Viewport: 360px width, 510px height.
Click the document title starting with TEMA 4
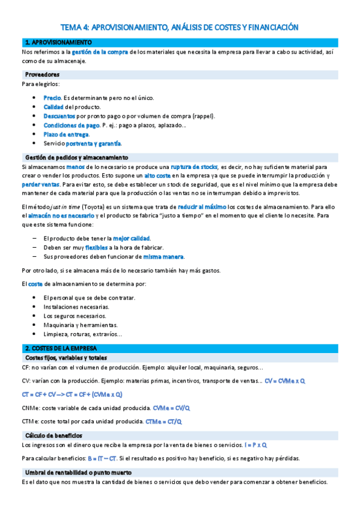pyautogui.click(x=180, y=27)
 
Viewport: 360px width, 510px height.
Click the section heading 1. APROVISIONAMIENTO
pyautogui.click(x=58, y=43)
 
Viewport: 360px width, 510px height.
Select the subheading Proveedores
pyautogui.click(x=42, y=74)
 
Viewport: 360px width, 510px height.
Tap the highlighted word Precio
pyautogui.click(x=52, y=97)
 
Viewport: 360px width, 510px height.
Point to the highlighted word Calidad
pyautogui.click(x=53, y=106)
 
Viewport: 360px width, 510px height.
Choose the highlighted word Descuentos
pyautogui.click(x=59, y=115)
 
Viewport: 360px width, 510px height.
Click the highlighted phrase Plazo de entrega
pyautogui.click(x=66, y=134)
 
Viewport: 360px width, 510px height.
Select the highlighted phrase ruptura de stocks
pyautogui.click(x=194, y=167)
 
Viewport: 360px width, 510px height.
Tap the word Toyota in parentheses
pyautogui.click(x=92, y=207)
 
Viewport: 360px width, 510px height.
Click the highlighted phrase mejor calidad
pyautogui.click(x=132, y=238)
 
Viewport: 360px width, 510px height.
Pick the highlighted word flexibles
pyautogui.click(x=96, y=247)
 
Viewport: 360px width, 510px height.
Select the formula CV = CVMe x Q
pyautogui.click(x=284, y=381)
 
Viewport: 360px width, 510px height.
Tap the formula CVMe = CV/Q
pyautogui.click(x=172, y=408)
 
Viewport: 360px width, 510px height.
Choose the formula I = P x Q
pyautogui.click(x=255, y=445)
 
